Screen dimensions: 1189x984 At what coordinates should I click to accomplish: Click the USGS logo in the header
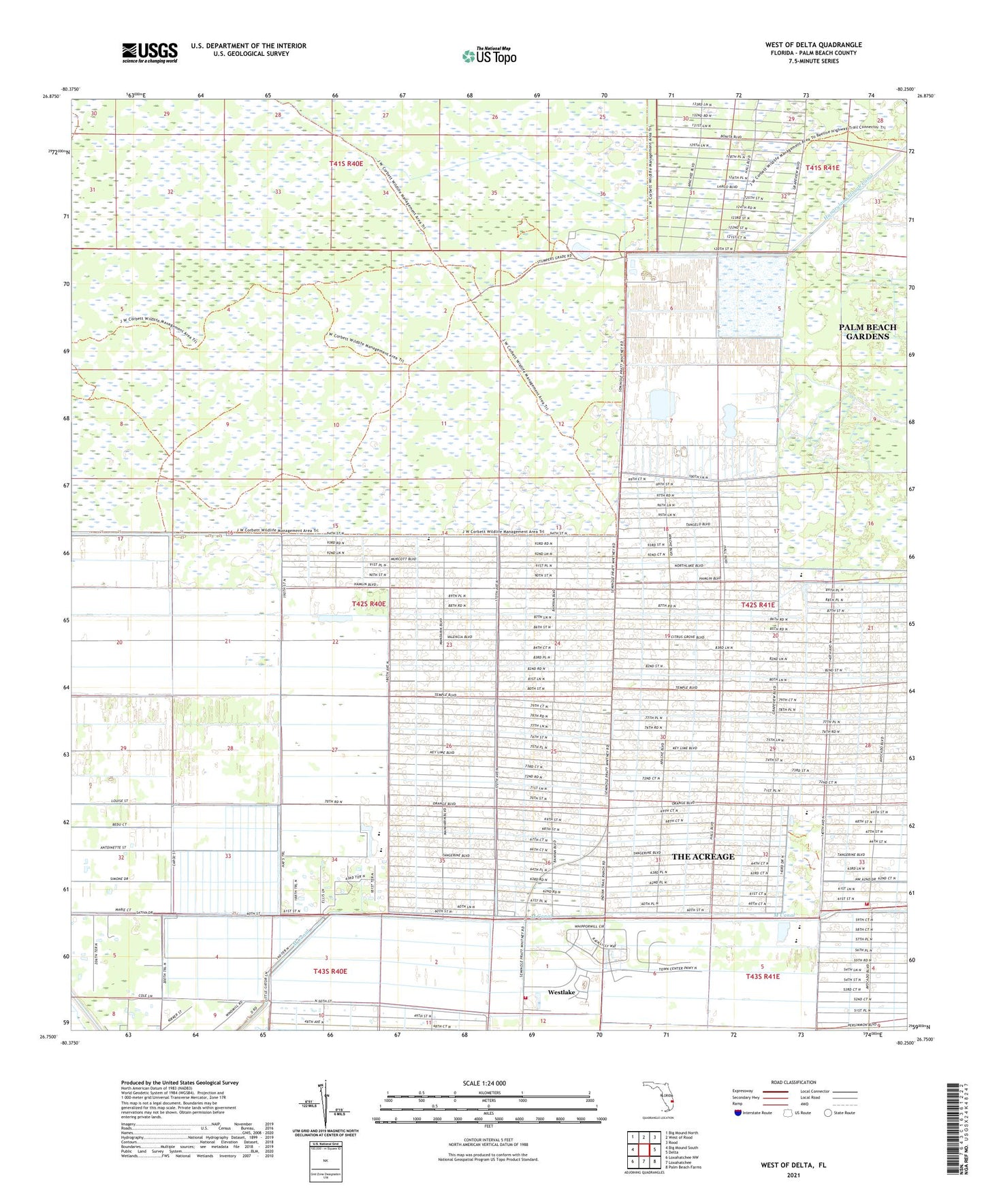point(150,52)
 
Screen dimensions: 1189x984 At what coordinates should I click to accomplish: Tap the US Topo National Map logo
point(489,55)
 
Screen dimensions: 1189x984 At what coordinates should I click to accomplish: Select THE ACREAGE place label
point(703,857)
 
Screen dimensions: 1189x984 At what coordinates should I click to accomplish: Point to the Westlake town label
point(561,992)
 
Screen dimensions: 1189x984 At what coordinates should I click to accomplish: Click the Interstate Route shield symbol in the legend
point(738,1113)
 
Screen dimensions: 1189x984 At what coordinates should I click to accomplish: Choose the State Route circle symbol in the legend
point(829,1113)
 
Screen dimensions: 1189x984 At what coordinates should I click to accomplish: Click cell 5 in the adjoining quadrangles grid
point(644,1151)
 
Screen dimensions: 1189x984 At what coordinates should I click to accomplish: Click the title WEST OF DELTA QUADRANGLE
point(813,45)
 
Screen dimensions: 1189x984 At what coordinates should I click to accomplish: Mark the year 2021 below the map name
point(793,1175)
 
